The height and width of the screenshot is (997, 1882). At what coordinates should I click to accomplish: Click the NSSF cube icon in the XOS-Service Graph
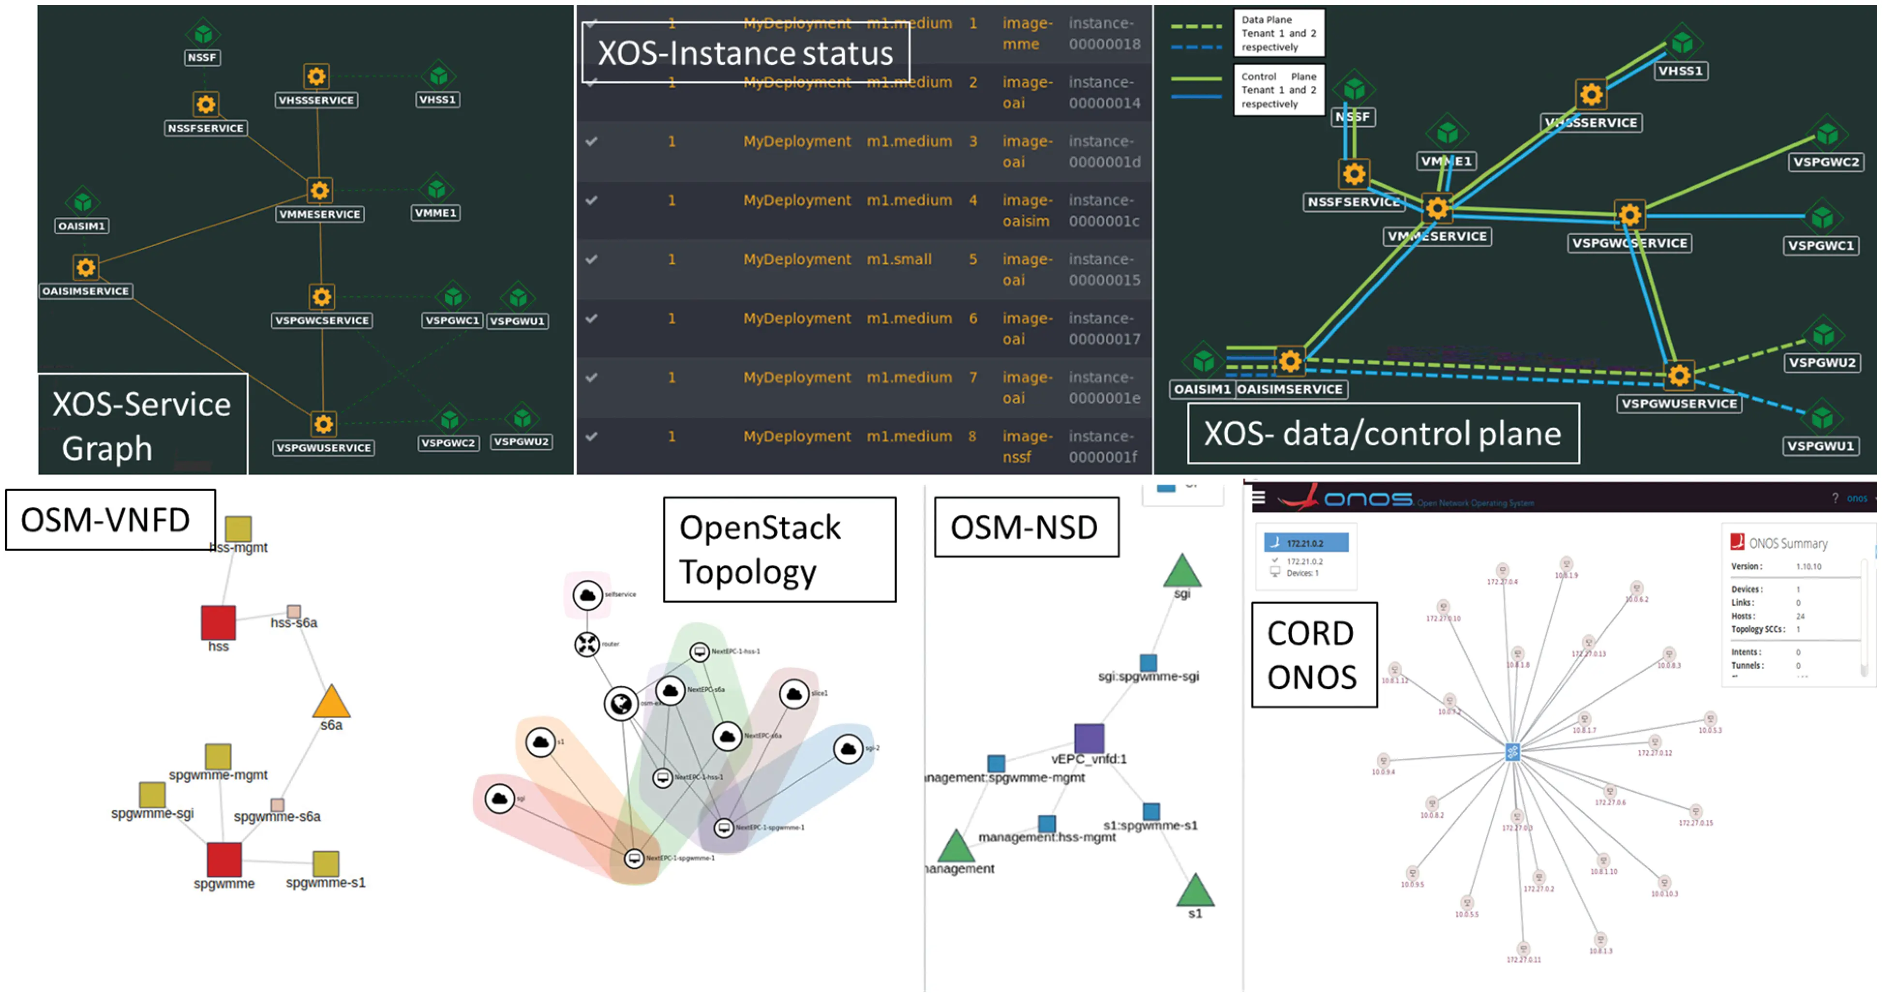(203, 33)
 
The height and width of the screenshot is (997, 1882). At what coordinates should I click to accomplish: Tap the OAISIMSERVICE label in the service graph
(86, 291)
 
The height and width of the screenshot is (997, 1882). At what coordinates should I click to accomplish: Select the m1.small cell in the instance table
(898, 259)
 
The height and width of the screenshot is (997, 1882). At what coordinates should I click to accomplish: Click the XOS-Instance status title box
(745, 53)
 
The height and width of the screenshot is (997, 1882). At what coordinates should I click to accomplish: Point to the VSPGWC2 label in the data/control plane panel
(1825, 162)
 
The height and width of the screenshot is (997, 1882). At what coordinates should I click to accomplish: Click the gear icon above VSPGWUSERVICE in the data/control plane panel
(1679, 376)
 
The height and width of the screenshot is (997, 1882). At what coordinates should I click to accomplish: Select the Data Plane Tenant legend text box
(1279, 33)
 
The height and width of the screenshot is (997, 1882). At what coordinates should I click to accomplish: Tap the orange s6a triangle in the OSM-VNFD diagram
(332, 702)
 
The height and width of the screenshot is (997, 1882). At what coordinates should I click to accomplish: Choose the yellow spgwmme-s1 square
(326, 863)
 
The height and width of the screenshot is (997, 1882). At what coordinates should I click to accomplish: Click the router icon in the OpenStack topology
(587, 644)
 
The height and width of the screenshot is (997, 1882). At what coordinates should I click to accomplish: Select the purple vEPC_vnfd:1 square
(1089, 738)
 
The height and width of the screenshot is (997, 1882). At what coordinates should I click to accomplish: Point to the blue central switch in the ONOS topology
(1512, 752)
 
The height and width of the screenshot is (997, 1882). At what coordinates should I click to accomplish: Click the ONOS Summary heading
(1787, 543)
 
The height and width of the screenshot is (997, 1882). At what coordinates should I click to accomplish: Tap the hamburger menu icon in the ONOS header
(1258, 498)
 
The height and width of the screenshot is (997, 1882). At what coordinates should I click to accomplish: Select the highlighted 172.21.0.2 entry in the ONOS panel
(1306, 543)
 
